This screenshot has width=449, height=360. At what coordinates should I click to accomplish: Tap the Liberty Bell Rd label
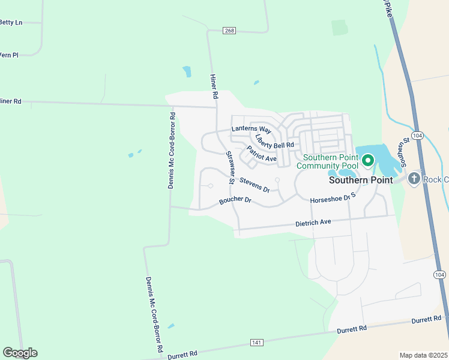click(x=274, y=141)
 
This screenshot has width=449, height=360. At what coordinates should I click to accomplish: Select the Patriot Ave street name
click(x=262, y=154)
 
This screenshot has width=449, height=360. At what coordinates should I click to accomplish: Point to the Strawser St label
click(x=229, y=167)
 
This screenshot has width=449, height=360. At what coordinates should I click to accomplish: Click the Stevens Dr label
click(x=255, y=184)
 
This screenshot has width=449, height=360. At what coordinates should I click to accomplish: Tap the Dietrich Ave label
click(x=313, y=223)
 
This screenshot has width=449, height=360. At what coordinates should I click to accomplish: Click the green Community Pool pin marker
click(x=367, y=160)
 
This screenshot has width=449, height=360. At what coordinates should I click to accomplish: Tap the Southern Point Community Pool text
click(x=327, y=161)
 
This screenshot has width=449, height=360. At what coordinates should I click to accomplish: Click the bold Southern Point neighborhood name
click(x=361, y=179)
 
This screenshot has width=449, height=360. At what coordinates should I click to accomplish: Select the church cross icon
click(x=414, y=179)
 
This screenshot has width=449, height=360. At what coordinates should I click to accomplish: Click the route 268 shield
click(x=229, y=31)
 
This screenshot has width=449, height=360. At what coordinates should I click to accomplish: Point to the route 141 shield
click(x=257, y=343)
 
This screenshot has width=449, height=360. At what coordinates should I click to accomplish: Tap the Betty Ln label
click(x=11, y=22)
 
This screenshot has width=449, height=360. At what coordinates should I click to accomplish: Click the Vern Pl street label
click(x=9, y=55)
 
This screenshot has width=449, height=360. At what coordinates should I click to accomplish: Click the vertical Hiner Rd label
click(x=214, y=86)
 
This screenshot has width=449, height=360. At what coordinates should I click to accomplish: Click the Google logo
click(x=20, y=353)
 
